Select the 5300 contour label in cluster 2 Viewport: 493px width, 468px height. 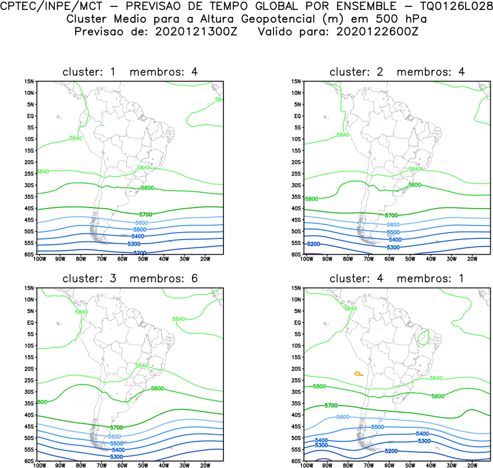[392, 248]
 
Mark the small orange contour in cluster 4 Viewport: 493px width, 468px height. [359, 373]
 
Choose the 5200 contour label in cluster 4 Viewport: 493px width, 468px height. [391, 451]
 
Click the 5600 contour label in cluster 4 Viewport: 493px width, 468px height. [343, 417]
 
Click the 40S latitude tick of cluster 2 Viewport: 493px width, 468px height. [296, 208]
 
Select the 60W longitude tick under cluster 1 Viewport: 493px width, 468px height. [122, 259]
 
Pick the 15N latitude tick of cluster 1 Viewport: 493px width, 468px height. [29, 81]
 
